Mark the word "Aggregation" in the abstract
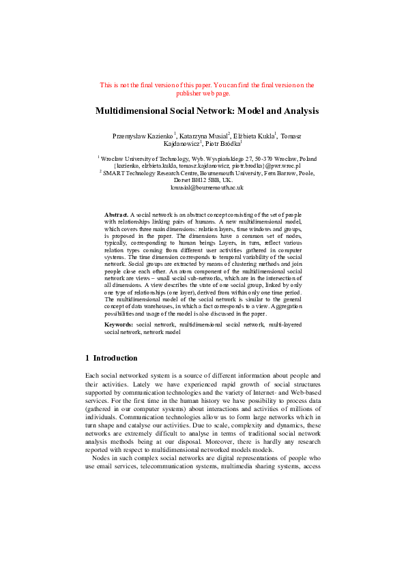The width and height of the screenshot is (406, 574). click(x=285, y=308)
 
